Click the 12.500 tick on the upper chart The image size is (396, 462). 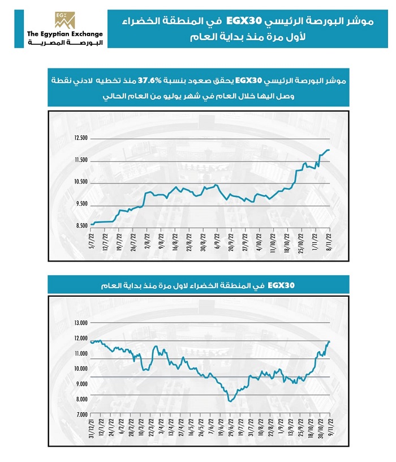tap(81, 138)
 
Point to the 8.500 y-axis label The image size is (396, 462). tap(81, 225)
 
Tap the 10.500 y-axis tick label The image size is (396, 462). tap(81, 182)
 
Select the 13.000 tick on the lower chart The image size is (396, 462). tap(81, 323)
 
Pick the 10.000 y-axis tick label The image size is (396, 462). tap(81, 369)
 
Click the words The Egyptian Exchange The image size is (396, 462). tap(64, 35)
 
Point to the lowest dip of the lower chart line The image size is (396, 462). tap(230, 401)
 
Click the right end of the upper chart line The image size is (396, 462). tap(329, 150)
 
